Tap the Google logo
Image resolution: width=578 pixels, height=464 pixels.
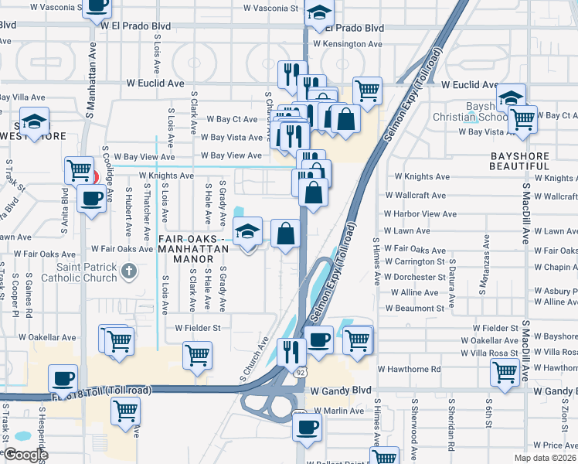pos(25,455)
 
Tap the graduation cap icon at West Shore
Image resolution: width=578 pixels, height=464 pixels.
pos(34,121)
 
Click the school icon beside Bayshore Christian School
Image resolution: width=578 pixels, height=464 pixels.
pos(511,98)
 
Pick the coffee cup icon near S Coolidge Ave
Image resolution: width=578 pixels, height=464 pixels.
pos(92,199)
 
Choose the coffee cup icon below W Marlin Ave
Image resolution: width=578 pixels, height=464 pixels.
pos(308,426)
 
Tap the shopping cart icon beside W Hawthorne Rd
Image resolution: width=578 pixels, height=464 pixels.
pos(505,372)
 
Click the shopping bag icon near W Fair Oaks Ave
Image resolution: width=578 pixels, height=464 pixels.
pos(285,233)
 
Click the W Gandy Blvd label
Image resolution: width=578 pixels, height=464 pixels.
pos(342,391)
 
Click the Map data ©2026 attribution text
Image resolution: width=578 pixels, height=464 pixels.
pos(545,458)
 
